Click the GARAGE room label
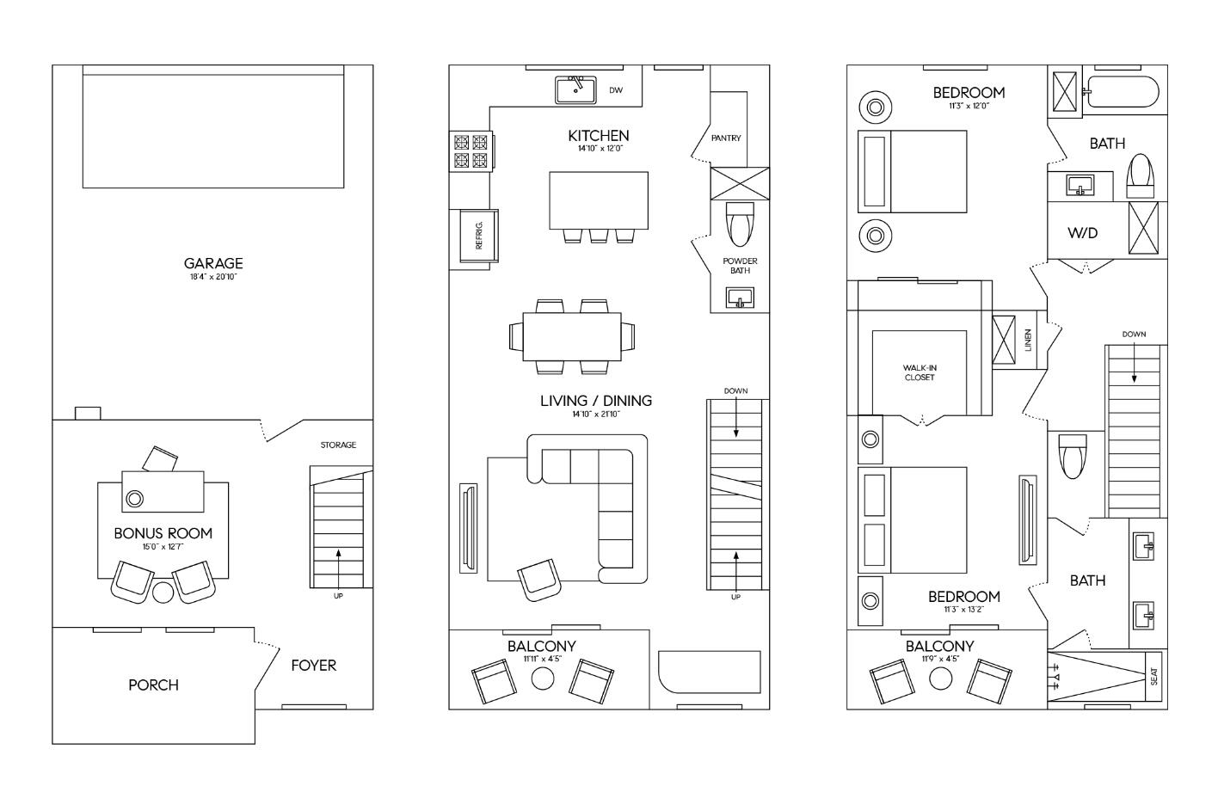[x=212, y=263]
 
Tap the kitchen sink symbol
[x=576, y=89]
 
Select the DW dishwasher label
[x=616, y=90]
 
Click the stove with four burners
[x=469, y=151]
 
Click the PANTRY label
[x=726, y=138]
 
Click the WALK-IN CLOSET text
[x=919, y=372]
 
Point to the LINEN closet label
[x=1027, y=340]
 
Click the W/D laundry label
[x=1082, y=233]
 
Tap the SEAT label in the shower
[x=1154, y=677]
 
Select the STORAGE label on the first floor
[x=338, y=445]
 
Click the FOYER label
[x=313, y=665]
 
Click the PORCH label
[x=153, y=685]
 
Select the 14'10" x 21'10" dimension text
[x=596, y=414]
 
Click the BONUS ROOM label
[x=163, y=533]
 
